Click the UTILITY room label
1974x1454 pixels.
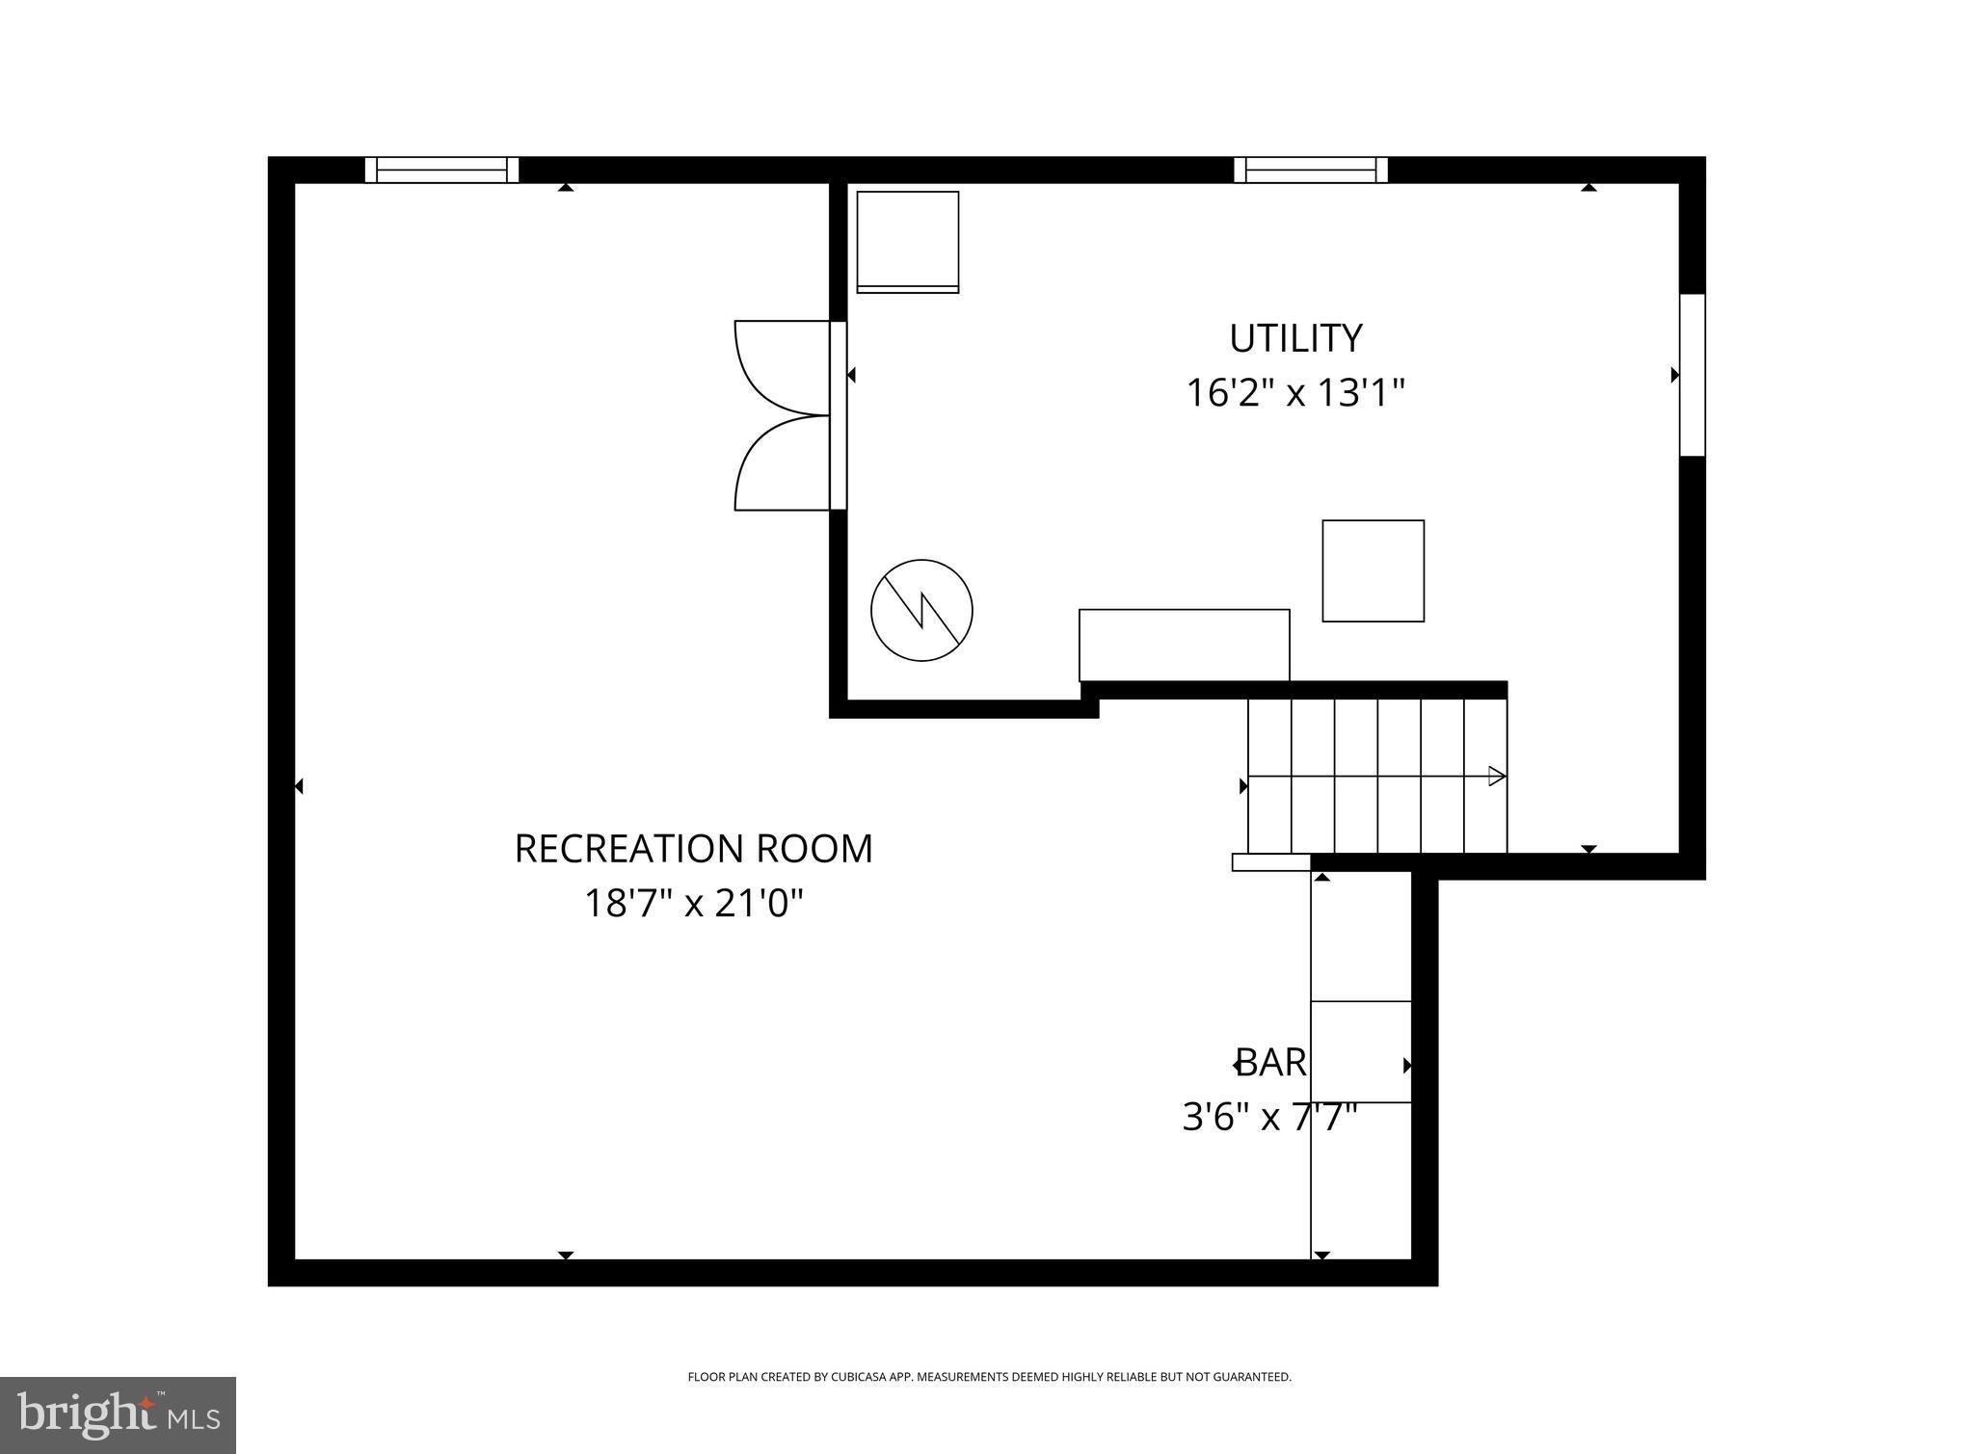point(1295,338)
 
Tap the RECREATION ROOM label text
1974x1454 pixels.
point(694,849)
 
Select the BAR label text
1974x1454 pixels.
point(1271,1063)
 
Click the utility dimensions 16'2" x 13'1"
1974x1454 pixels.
point(1295,393)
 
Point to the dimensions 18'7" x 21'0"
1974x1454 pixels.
point(694,904)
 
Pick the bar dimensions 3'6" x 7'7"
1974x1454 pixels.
point(1270,1118)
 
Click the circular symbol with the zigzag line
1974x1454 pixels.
point(921,610)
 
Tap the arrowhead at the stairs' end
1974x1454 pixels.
point(1497,776)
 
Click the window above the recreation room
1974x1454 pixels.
point(441,170)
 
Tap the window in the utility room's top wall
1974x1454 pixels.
point(1311,170)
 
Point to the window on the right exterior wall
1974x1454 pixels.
point(1693,375)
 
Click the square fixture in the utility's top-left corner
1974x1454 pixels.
point(908,242)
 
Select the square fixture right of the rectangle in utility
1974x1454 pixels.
point(1374,571)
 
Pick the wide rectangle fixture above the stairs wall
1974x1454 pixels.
point(1185,646)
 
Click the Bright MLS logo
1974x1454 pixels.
point(118,1415)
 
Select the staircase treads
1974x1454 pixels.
point(1377,776)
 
